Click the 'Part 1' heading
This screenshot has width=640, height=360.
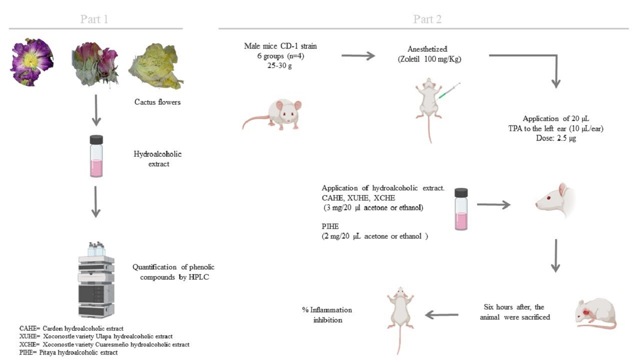(94, 19)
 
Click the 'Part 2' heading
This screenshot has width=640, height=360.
(427, 19)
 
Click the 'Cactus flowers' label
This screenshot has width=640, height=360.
(158, 102)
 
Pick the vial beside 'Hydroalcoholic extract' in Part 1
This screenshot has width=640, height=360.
(96, 156)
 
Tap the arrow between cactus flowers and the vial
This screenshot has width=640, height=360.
(96, 110)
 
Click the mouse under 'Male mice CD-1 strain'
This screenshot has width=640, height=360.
(275, 116)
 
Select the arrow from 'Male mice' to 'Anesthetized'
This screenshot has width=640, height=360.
(358, 56)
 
